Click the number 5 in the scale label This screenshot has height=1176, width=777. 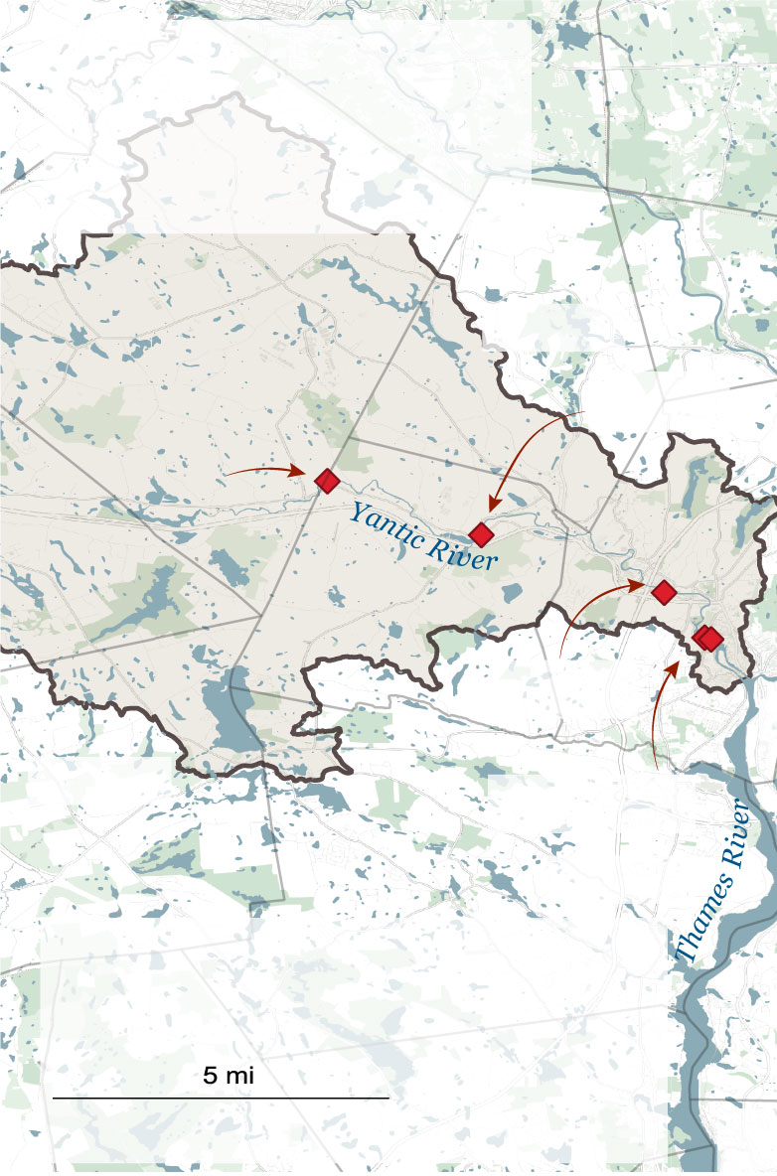coord(210,1075)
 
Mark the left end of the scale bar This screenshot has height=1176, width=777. coord(53,1098)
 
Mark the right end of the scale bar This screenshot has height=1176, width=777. coord(388,1098)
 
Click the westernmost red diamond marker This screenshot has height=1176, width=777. coord(327,481)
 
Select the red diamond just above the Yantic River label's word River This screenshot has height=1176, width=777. coord(482,534)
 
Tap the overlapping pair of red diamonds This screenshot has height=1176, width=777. coord(706,638)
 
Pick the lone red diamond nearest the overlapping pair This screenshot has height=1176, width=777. coord(664,592)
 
